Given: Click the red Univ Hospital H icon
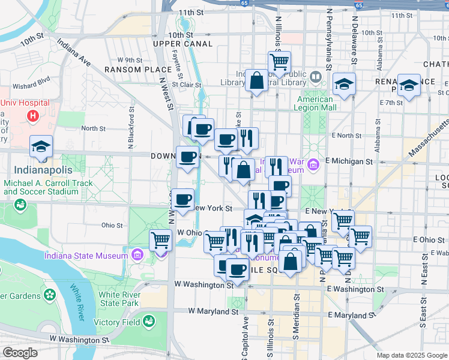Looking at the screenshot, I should pyautogui.click(x=34, y=115).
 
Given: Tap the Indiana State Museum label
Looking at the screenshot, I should pyautogui.click(x=86, y=256).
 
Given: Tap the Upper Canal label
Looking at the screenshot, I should pyautogui.click(x=182, y=44).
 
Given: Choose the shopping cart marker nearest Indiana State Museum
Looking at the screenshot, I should pyautogui.click(x=160, y=241).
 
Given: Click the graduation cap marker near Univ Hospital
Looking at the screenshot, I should pyautogui.click(x=41, y=147).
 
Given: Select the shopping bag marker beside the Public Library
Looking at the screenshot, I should pyautogui.click(x=256, y=82).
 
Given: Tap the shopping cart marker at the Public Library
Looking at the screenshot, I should pyautogui.click(x=279, y=62).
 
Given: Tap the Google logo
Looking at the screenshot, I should pyautogui.click(x=19, y=353).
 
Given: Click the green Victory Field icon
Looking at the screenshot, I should pyautogui.click(x=146, y=322).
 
